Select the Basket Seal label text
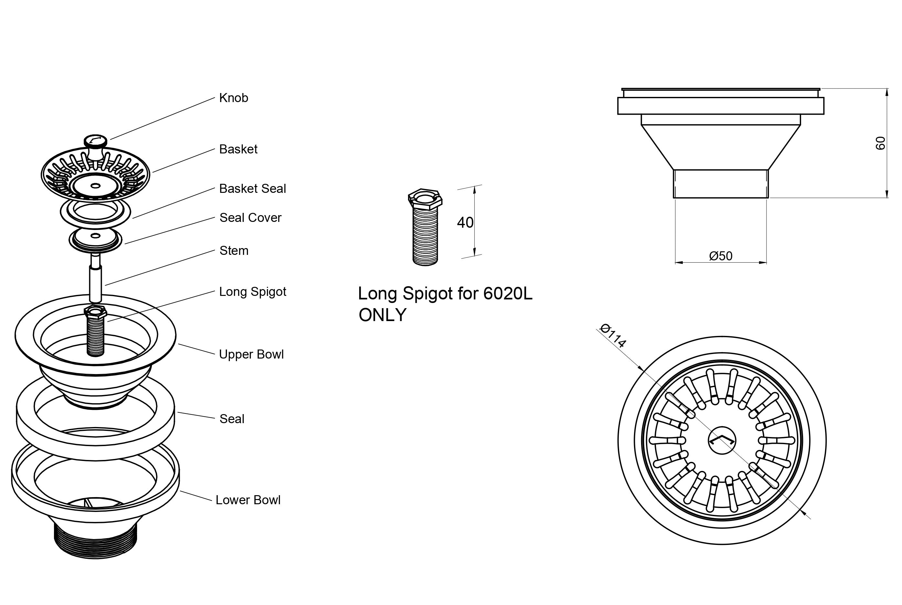[252, 189]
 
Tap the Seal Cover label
[250, 218]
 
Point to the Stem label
[234, 251]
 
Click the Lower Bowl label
[248, 500]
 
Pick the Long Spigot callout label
[252, 292]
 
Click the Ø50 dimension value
[721, 256]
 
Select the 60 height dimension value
[880, 143]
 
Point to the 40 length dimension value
[465, 223]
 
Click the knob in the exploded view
[95, 145]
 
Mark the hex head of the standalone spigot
[425, 199]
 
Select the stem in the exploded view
[95, 280]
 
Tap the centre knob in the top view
[722, 440]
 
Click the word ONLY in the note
[382, 315]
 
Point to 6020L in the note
[507, 294]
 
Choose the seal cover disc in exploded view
[95, 238]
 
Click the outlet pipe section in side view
[721, 184]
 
